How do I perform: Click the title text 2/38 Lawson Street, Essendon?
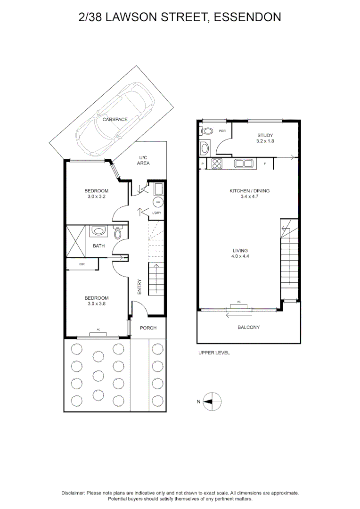(180, 18)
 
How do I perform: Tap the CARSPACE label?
(115, 120)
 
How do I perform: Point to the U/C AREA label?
(143, 160)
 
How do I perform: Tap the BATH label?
(98, 246)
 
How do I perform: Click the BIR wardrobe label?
(82, 264)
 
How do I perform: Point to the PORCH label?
(148, 328)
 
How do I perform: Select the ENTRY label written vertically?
(139, 287)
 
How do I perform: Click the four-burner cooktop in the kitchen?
(217, 164)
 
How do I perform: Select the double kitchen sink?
(244, 164)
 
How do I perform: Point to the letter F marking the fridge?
(265, 164)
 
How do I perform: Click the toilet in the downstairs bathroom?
(118, 233)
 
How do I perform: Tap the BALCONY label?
(249, 327)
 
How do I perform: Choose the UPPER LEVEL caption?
(213, 353)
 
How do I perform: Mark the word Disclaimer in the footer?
(73, 493)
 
